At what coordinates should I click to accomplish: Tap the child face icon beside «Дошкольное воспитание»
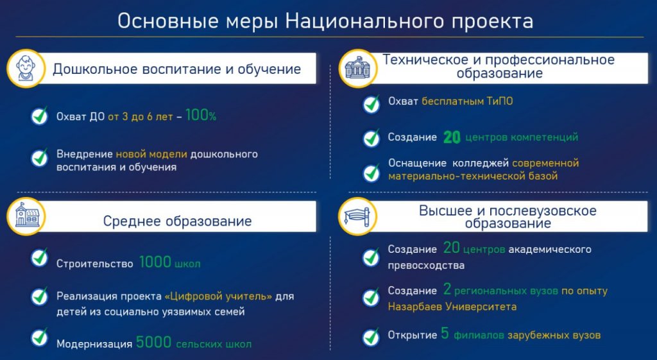[26, 68]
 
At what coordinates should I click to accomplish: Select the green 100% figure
[201, 116]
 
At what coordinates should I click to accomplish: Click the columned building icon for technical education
[357, 68]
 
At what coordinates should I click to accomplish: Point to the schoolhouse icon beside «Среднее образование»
[27, 216]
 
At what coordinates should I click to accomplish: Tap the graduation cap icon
[357, 217]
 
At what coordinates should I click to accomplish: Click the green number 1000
[155, 262]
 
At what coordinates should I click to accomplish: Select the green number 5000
[153, 343]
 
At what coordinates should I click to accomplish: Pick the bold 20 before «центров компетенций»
[452, 137]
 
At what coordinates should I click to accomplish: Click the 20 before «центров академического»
[451, 248]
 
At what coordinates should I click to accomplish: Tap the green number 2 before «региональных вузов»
[447, 289]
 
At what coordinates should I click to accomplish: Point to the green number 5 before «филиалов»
[445, 334]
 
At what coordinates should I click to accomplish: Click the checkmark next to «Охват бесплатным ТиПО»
[371, 105]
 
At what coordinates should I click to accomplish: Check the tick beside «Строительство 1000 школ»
[40, 258]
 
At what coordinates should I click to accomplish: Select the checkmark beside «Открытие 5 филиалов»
[371, 337]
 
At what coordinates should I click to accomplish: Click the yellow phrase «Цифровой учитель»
[218, 296]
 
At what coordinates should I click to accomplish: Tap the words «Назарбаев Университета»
[452, 307]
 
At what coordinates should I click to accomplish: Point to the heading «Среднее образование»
[177, 221]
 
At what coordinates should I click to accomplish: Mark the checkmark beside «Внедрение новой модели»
[40, 158]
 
